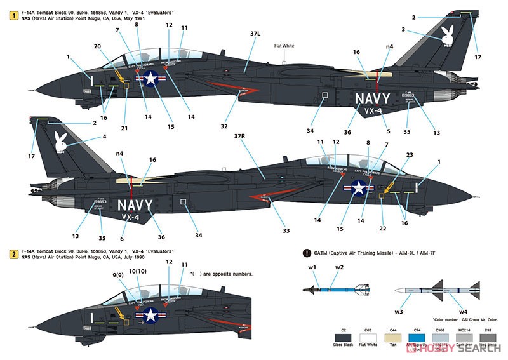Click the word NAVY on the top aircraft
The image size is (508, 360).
372,99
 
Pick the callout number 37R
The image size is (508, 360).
239,136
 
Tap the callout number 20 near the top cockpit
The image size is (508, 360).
97,46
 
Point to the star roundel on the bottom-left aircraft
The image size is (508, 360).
151,315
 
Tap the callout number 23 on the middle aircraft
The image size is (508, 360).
409,154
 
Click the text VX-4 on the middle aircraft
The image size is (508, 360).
130,217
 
